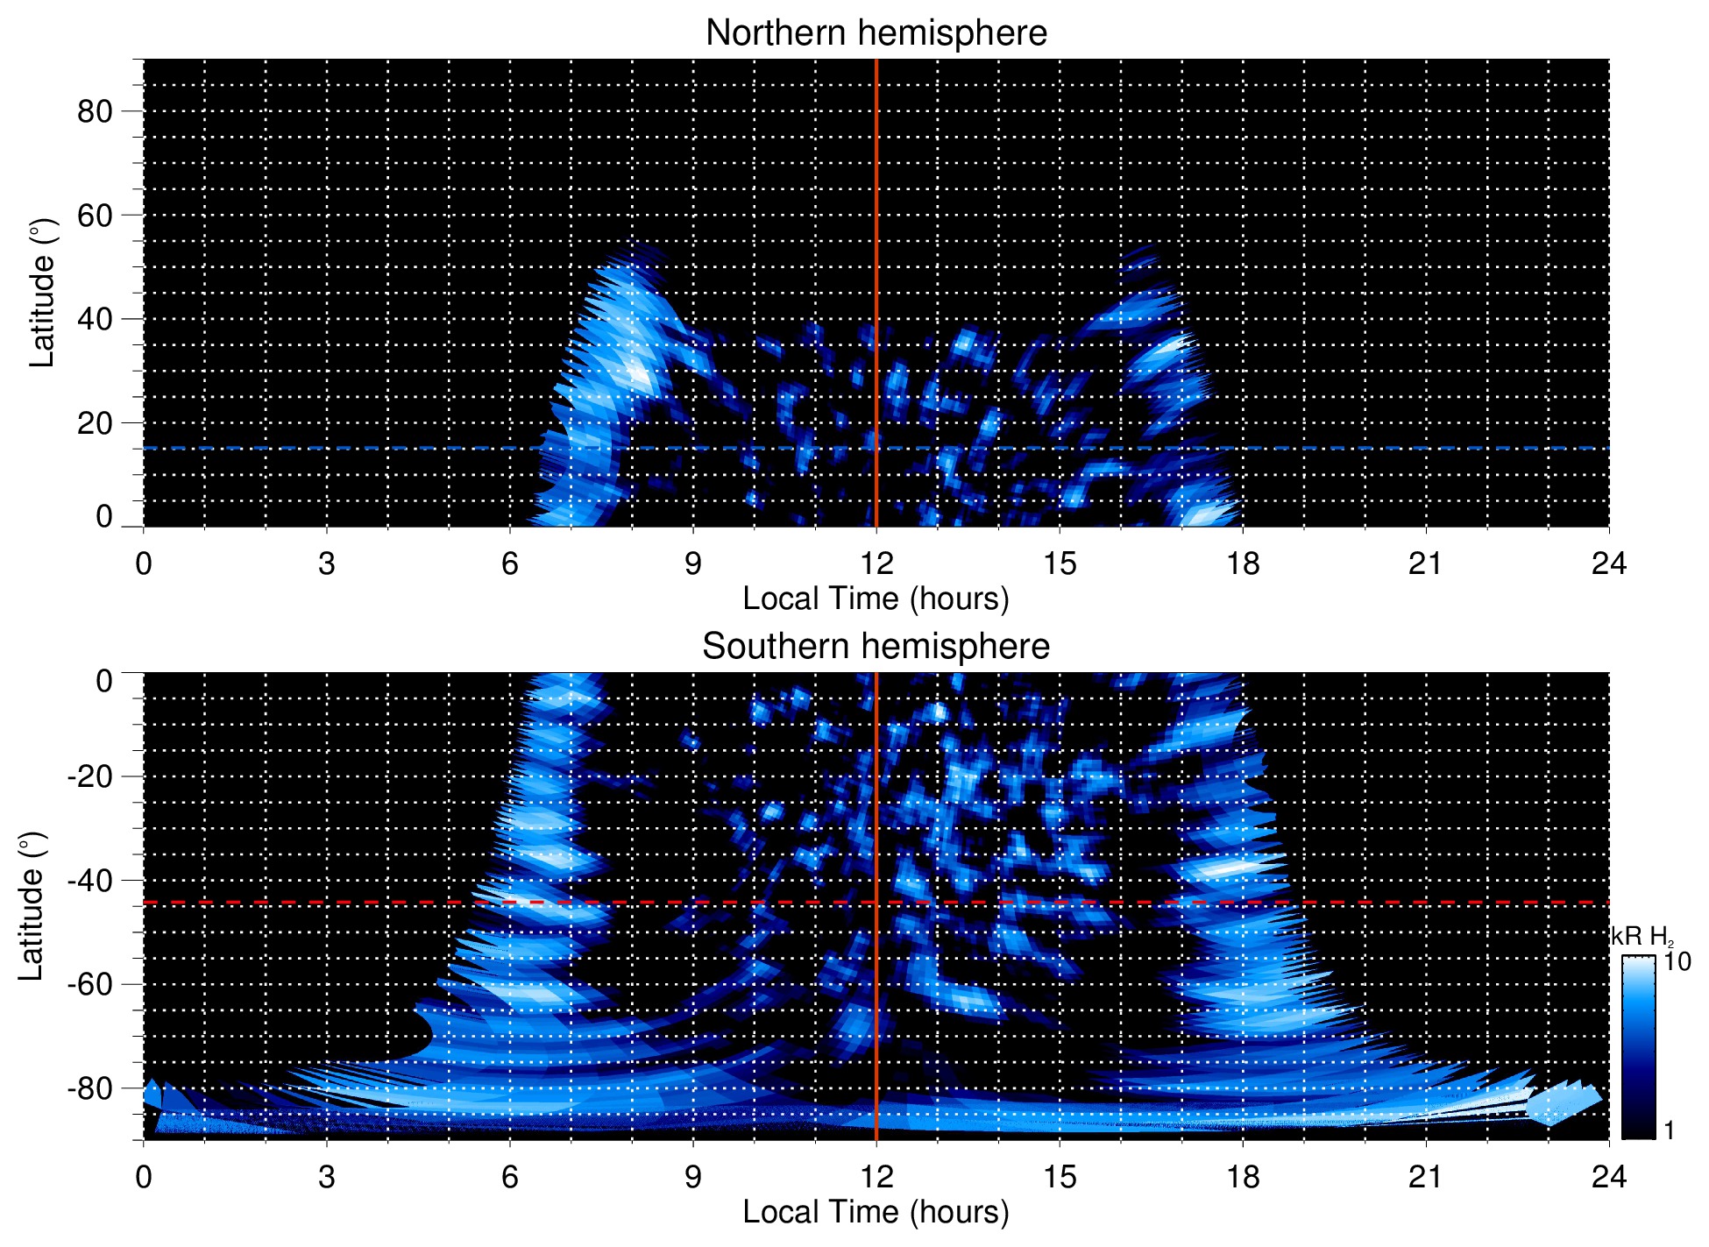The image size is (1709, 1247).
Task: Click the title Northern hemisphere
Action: coord(876,33)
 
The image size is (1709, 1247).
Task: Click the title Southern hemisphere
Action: coord(876,647)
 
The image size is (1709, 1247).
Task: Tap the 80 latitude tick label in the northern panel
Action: coord(95,111)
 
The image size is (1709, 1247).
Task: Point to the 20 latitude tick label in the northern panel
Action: coord(95,423)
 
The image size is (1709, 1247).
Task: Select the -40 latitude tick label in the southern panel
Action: coord(89,880)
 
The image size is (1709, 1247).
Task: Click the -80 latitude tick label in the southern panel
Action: coord(89,1088)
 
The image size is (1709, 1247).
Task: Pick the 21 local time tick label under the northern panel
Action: coord(1425,563)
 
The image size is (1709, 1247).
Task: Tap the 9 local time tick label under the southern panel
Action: coord(693,1177)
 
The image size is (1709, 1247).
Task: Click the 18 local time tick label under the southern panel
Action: coord(1242,1177)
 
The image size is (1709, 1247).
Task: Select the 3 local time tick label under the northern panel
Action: coord(327,563)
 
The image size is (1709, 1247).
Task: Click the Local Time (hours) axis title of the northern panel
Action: coord(876,599)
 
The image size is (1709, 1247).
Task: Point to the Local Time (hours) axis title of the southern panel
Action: coord(876,1212)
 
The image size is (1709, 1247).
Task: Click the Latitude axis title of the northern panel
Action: coord(42,293)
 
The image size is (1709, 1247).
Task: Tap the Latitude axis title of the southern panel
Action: coord(32,906)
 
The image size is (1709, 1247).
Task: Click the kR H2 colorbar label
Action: coord(1642,936)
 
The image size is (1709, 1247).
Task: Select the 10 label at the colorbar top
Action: coord(1677,961)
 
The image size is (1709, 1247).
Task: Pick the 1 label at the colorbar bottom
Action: coord(1668,1130)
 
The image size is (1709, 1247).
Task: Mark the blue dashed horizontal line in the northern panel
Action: coord(351,448)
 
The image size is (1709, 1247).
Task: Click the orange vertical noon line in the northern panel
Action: coord(876,175)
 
